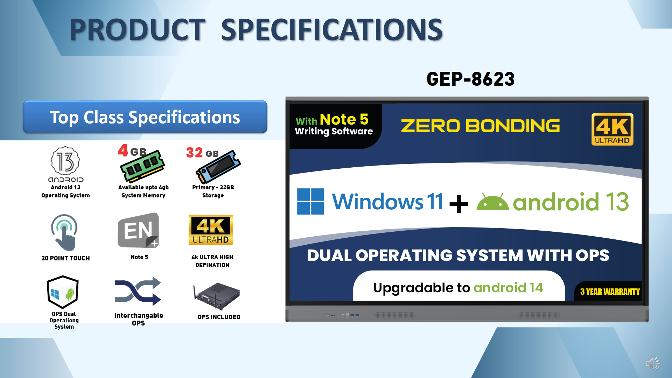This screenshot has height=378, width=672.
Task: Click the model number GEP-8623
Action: pos(470,79)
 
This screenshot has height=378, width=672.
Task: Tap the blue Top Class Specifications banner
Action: pos(145,117)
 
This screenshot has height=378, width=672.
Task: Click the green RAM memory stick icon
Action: pos(142,166)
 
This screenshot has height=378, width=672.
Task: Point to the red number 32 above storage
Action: pos(194,153)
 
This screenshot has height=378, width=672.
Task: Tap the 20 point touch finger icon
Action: pos(64,232)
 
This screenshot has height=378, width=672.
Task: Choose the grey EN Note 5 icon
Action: pos(138,230)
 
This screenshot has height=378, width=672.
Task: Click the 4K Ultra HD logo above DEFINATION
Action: pos(211,230)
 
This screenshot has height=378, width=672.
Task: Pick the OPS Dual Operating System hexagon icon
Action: pos(63,292)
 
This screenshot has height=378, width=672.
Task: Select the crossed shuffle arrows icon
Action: pos(138,291)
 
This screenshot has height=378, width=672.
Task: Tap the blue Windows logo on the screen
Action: pos(310,201)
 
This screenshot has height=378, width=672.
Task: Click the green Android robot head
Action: pos(492,202)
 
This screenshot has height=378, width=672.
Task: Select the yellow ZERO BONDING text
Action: pos(480,126)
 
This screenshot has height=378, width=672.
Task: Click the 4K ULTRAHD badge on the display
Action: pos(612,129)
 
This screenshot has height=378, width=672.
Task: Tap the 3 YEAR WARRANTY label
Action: pos(610,292)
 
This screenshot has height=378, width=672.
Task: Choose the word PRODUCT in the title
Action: pos(137,29)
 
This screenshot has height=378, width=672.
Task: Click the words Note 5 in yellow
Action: pos(344,119)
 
